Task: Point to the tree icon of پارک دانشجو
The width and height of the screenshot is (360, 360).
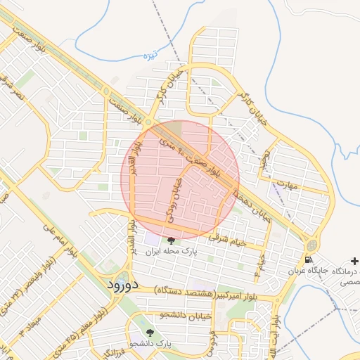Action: point(149,332)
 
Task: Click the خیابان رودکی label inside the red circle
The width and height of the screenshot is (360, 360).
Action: point(173,199)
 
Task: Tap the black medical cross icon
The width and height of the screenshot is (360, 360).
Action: point(352,270)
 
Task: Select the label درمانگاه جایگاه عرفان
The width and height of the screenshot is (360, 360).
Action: point(325,271)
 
